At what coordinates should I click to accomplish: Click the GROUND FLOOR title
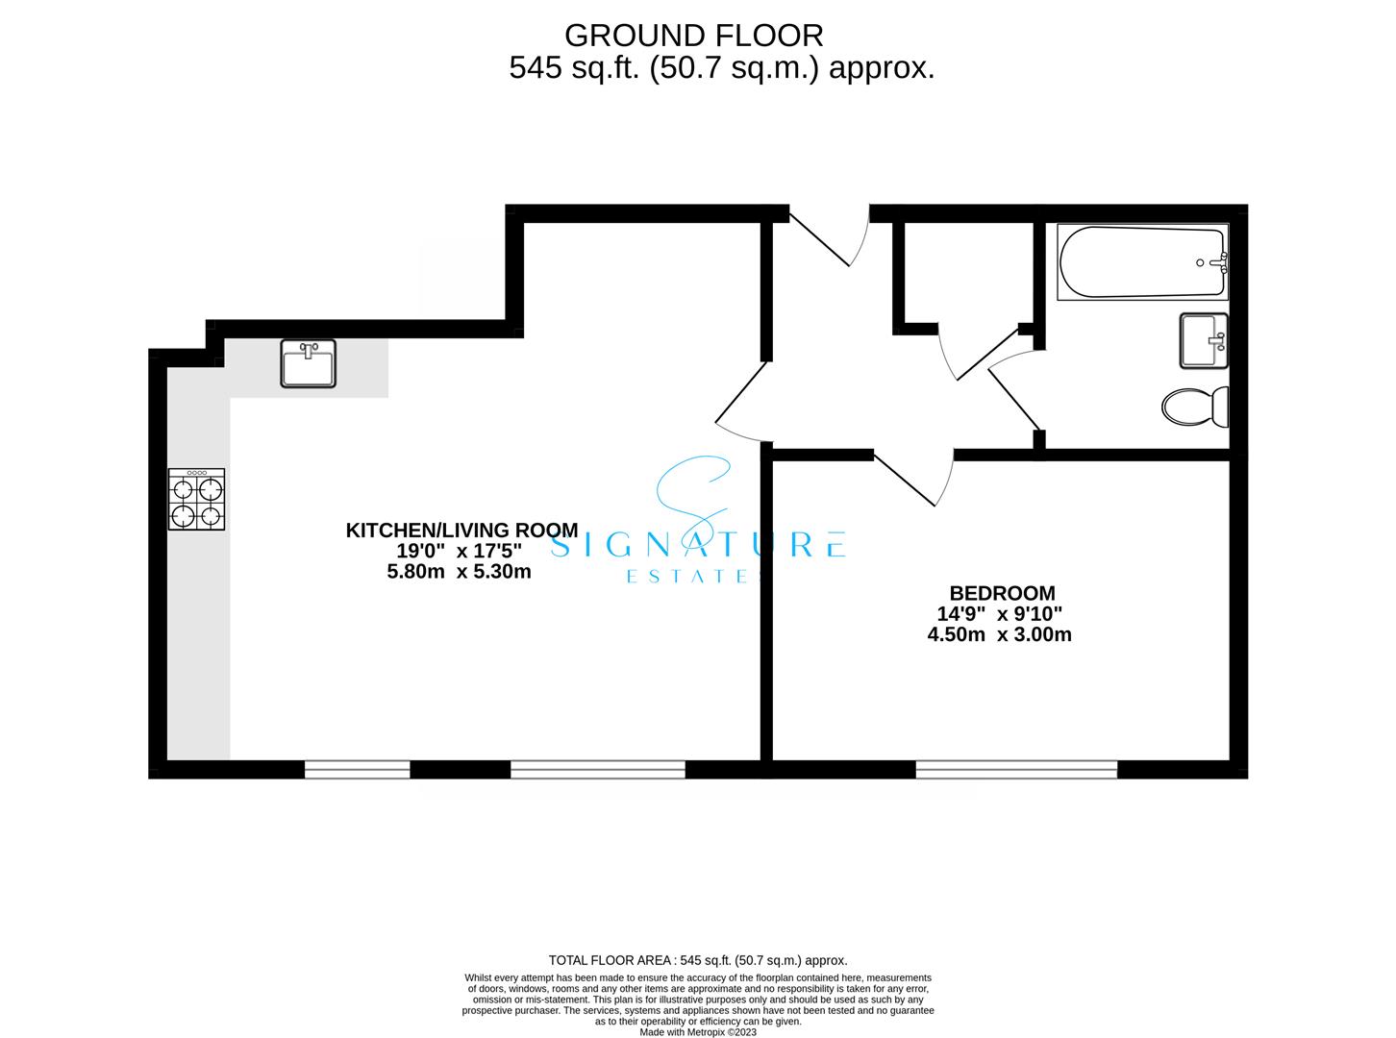[693, 36]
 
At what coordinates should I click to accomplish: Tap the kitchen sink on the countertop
[308, 363]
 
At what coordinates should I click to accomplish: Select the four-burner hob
[196, 499]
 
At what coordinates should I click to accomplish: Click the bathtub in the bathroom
[1142, 261]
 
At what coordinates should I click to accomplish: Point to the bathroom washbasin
[1204, 340]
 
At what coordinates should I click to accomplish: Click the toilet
[1195, 407]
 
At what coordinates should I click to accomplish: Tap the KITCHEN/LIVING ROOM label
[462, 530]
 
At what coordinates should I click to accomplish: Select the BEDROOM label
[1003, 593]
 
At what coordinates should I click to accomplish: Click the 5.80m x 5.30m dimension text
[459, 572]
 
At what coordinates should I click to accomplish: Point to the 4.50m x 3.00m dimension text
[1000, 634]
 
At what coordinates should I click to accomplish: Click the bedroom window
[1016, 770]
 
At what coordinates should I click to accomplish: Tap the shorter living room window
[358, 770]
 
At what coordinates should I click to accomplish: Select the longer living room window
[597, 770]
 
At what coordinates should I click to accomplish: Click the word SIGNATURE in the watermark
[697, 545]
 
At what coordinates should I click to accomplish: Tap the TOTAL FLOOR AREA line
[698, 960]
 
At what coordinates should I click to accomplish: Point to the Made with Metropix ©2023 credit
[698, 1032]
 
